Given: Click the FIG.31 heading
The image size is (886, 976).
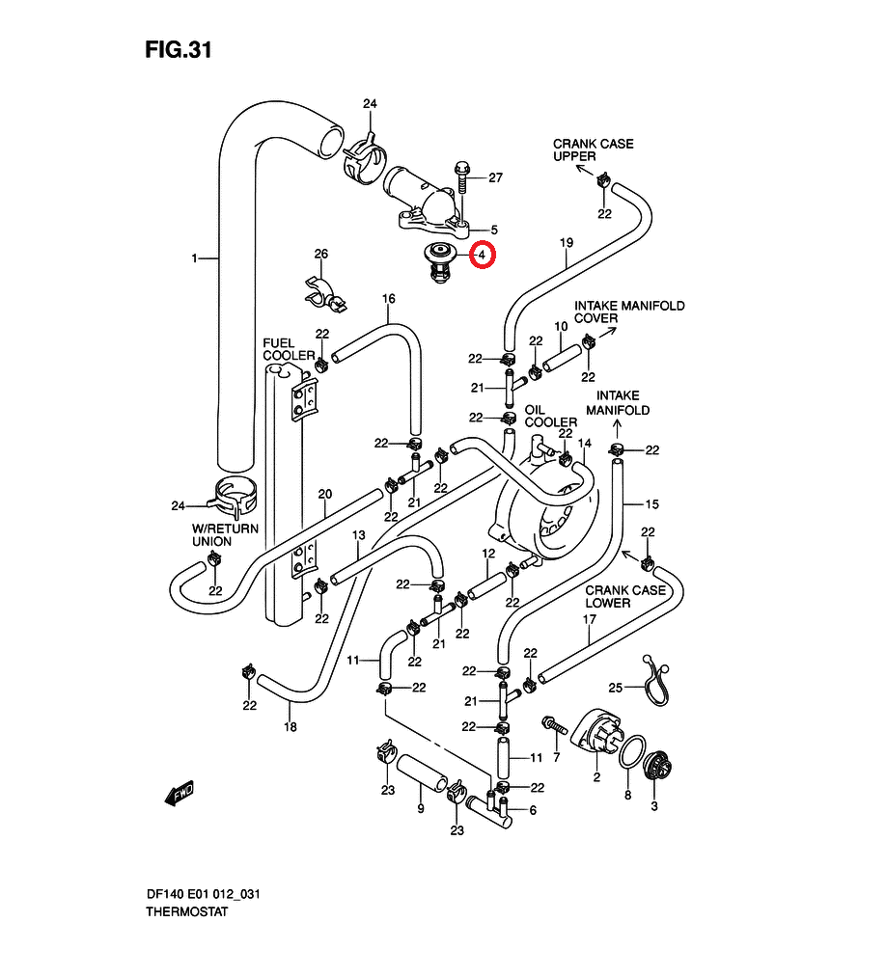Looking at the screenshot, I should click(178, 50).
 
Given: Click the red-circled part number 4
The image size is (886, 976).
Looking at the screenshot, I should click(482, 256).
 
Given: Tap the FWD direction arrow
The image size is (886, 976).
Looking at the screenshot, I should click(180, 792).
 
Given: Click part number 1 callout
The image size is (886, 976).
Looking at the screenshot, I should click(194, 258).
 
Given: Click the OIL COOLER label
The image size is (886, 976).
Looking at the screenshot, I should click(550, 416).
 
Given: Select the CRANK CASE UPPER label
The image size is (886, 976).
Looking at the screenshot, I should click(593, 149).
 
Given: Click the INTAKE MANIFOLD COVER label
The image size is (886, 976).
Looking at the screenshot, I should click(629, 312).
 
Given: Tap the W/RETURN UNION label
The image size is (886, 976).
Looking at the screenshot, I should click(225, 535).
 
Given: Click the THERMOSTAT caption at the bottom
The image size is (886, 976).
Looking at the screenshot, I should click(180, 911).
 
